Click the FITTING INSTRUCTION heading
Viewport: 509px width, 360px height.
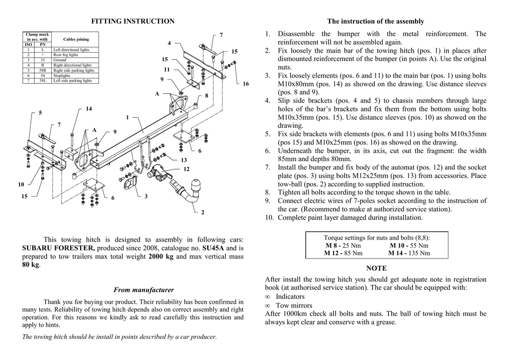coord(133,21)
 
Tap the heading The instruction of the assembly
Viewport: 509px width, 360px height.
coord(375,21)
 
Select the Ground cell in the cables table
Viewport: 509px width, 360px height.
coord(60,60)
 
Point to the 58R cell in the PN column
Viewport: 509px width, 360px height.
coord(43,71)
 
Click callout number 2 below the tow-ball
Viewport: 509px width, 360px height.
coord(203,212)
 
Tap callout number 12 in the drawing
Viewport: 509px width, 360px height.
coord(186,170)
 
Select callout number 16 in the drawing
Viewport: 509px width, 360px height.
coord(246,84)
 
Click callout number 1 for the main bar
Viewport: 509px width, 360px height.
coord(127,117)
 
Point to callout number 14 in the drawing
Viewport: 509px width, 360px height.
coord(89,108)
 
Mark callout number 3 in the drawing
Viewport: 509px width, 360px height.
coord(146,196)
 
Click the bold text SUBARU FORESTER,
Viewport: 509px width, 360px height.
coord(59,248)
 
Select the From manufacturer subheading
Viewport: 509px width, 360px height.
coord(144,290)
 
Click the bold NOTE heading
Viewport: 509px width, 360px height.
coord(376,269)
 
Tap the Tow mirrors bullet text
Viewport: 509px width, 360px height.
coord(294,305)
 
